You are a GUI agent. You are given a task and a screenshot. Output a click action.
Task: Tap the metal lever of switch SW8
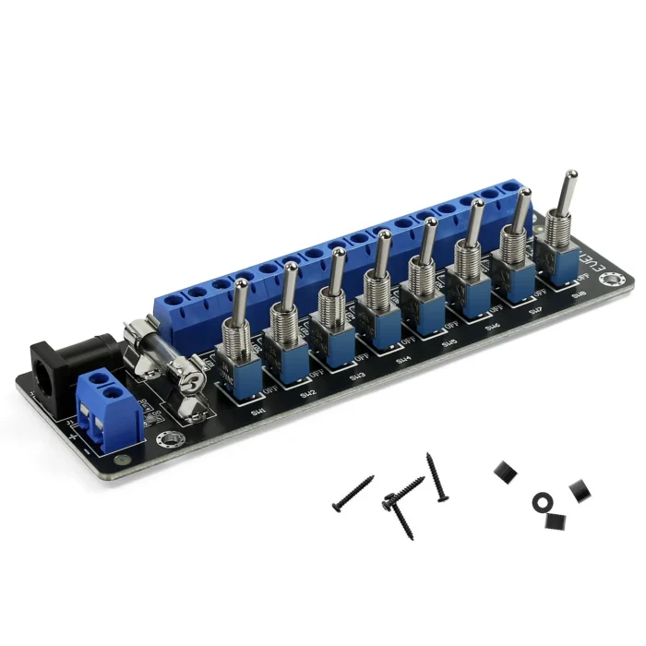[x=570, y=193]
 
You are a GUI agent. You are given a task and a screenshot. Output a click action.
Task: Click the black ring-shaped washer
[x=542, y=501]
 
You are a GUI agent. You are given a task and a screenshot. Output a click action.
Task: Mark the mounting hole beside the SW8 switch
[x=609, y=281]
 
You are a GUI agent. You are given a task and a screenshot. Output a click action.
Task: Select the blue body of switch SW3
[x=332, y=348]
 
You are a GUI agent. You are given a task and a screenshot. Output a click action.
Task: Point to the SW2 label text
[x=308, y=394]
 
